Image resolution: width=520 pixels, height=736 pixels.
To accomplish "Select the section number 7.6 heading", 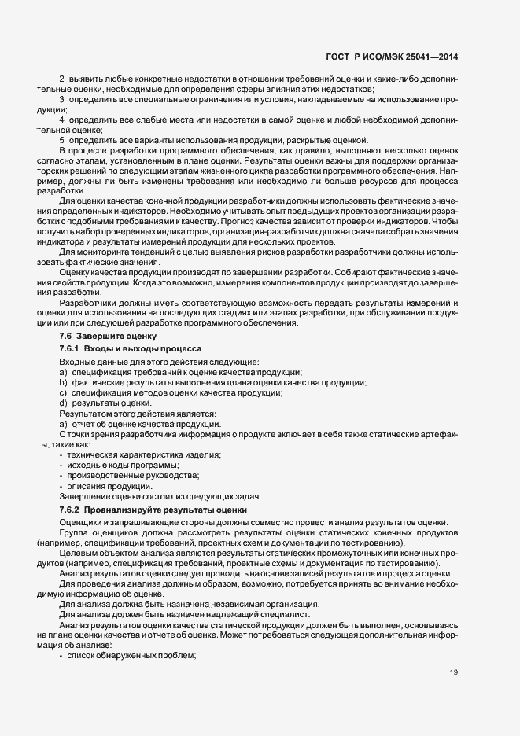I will point(67,336).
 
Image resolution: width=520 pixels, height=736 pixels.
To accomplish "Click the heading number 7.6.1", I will point(71,348).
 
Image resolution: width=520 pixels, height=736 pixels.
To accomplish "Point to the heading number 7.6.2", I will point(71,510).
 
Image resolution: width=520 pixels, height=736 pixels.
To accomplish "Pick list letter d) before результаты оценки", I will point(63,403).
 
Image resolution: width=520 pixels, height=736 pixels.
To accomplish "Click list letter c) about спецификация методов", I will point(63,392).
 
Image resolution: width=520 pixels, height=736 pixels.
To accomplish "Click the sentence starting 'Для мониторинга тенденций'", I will point(236,252).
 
